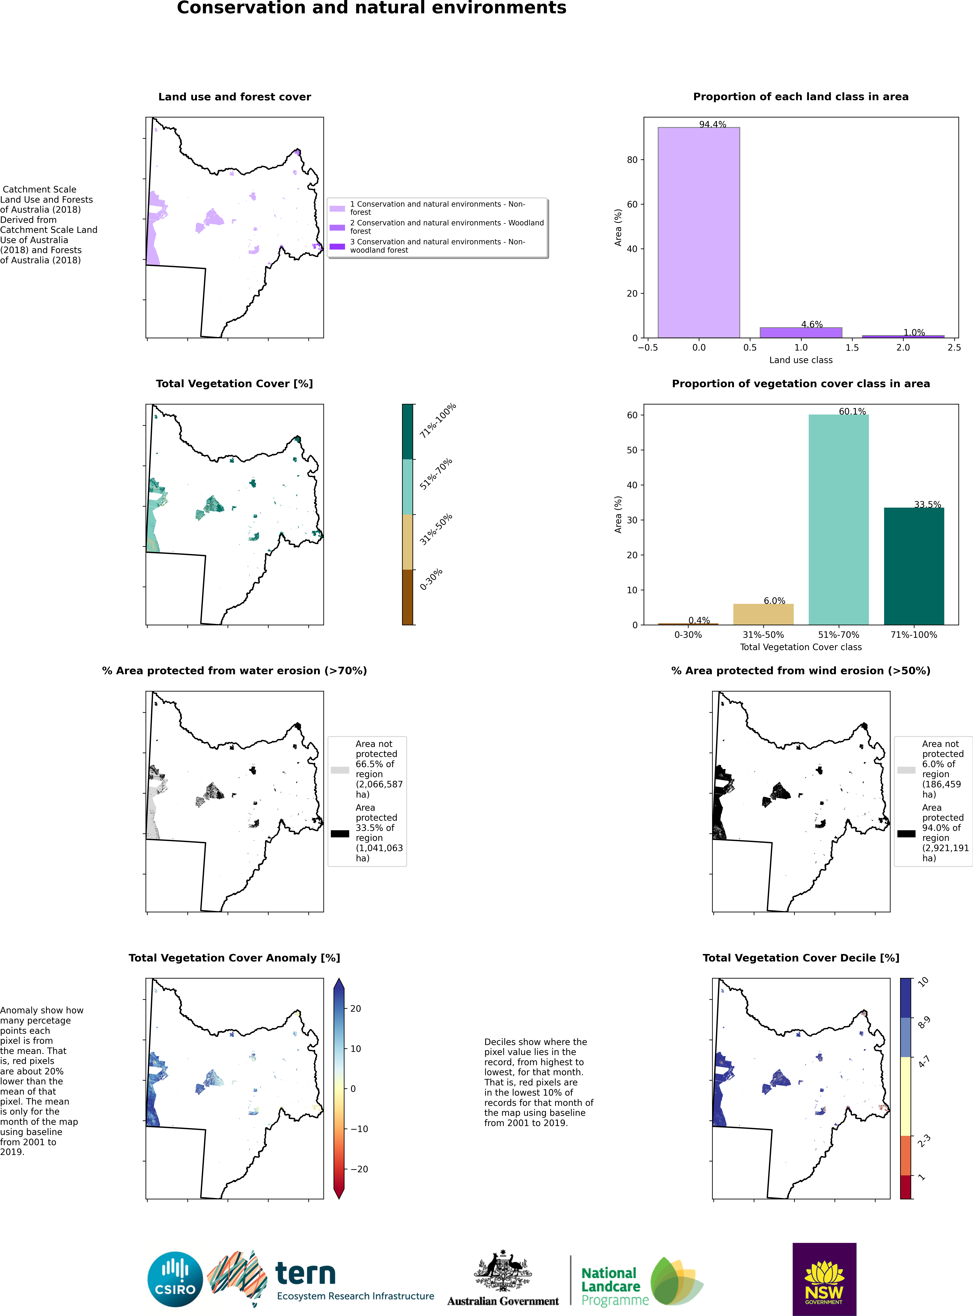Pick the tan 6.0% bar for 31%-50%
[763, 614]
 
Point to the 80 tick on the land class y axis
[632, 160]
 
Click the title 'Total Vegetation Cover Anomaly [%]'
[234, 958]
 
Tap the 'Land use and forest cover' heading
[234, 97]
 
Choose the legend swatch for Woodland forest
[337, 227]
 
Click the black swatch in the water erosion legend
[340, 834]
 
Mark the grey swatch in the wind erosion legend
[906, 770]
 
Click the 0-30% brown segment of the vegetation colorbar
[407, 597]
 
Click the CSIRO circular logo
[175, 1280]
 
